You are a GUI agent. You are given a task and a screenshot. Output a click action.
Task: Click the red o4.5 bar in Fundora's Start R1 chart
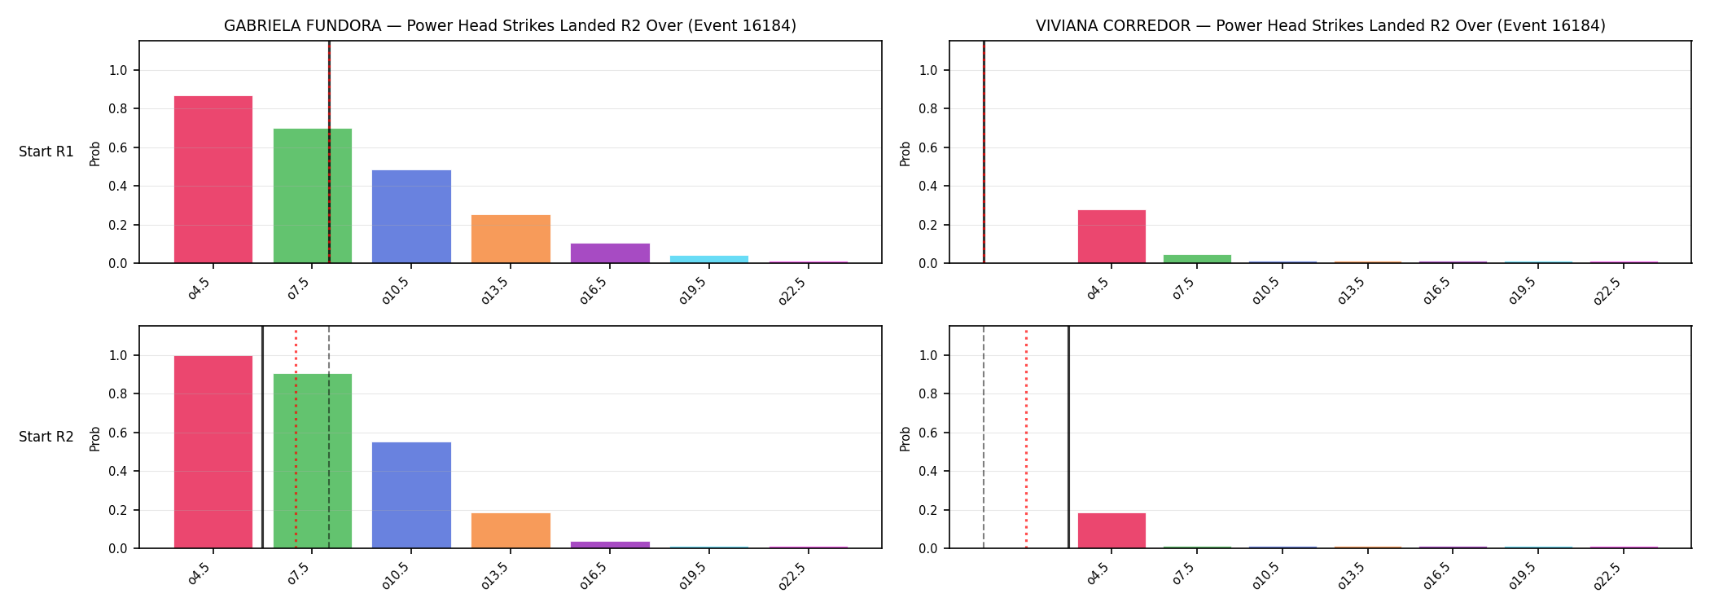213,179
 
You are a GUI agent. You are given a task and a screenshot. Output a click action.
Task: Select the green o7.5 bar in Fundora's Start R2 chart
313,461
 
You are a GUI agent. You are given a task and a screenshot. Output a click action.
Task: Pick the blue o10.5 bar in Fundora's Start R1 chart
411,217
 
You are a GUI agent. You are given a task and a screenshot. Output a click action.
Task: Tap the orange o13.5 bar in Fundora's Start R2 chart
511,530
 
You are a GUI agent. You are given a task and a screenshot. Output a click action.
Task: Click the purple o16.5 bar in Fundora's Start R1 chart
610,253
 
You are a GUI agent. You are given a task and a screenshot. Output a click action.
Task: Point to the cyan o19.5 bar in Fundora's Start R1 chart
709,259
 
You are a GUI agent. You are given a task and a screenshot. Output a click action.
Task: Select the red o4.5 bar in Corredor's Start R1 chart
1111,236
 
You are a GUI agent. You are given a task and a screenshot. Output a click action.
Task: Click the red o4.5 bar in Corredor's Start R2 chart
1111,530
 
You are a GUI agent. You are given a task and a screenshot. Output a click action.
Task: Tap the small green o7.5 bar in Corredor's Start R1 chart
1197,259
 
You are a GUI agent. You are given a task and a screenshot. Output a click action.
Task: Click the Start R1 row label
46,152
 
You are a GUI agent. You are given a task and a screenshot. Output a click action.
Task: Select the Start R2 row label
46,437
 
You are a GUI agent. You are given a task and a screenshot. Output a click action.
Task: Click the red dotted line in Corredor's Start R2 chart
1026,437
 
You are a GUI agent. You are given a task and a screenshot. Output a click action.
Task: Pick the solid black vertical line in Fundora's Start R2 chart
262,437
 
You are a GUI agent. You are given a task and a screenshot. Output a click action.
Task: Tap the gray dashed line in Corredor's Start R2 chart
984,437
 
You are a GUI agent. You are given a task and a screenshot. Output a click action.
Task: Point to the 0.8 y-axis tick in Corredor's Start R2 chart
928,394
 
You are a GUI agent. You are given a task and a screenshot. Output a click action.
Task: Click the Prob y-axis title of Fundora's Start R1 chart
95,153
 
